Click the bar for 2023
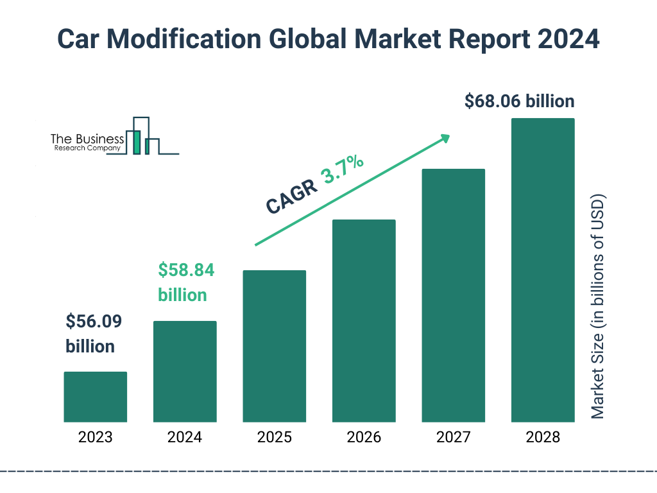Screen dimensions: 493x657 click(95, 397)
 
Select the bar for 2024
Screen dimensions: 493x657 click(185, 371)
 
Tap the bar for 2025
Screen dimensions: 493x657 click(274, 346)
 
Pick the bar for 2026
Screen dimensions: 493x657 click(364, 321)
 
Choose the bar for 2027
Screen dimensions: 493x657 click(453, 295)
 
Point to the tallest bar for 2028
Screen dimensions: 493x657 click(542, 270)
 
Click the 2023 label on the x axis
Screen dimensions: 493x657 click(95, 438)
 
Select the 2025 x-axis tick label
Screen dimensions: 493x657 click(274, 438)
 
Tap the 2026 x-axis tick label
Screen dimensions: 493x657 click(364, 438)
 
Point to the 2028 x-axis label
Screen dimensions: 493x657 click(542, 438)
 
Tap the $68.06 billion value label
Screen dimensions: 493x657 click(519, 101)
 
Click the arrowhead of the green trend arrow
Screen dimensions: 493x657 click(445, 138)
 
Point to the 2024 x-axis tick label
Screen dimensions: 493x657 click(185, 438)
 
